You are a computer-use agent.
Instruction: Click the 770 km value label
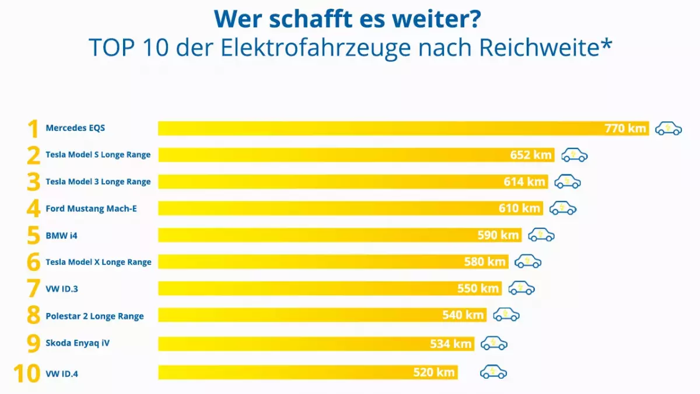625,128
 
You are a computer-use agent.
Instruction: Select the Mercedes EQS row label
75,128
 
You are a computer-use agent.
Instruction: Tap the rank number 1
33,128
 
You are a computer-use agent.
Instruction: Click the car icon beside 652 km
575,155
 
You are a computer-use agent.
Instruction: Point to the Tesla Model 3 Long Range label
98,182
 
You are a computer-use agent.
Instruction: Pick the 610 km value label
519,208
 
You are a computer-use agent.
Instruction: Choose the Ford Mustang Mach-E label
91,208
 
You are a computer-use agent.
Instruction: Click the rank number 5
33,235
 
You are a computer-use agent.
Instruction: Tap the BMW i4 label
61,235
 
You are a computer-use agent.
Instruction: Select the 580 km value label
485,262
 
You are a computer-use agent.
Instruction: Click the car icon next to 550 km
521,288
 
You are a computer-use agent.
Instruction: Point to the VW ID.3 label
62,289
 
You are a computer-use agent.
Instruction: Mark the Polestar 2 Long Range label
94,316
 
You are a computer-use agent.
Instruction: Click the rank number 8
33,316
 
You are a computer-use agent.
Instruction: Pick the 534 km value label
450,343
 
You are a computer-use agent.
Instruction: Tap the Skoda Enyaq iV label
78,343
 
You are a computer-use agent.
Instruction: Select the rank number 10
27,373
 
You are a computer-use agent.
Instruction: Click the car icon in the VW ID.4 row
494,372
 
